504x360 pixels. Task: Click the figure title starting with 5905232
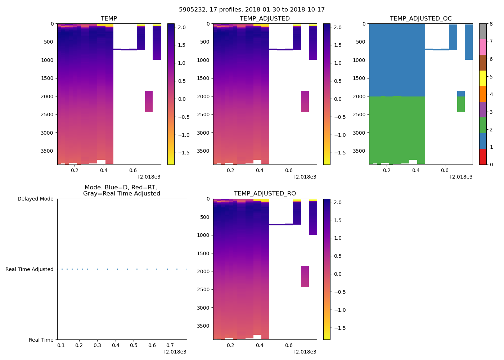pos(252,10)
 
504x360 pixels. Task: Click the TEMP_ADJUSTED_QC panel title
pos(420,19)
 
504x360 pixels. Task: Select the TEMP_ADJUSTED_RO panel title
pos(265,194)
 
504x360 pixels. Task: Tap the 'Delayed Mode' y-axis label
pos(35,199)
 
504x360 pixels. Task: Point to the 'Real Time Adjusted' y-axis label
pos(29,269)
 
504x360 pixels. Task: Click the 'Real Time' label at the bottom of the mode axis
pos(41,340)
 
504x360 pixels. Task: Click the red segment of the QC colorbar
pos(482,157)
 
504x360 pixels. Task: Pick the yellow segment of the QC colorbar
pos(482,78)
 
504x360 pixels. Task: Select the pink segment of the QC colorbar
pos(482,47)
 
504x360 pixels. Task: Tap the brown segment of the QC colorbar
pos(482,63)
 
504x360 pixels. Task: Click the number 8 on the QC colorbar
pos(491,24)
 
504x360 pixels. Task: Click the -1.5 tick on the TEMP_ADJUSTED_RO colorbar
pos(338,328)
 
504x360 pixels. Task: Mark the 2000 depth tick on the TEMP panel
pos(48,96)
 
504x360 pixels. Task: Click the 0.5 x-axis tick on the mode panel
pos(134,346)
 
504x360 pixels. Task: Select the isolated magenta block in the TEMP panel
pos(149,102)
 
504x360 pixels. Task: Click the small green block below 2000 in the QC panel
pos(461,104)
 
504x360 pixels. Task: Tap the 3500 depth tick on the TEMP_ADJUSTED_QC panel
pos(360,151)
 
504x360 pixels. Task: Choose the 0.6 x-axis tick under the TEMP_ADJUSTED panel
pos(289,170)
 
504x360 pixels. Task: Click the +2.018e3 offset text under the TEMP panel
pos(148,177)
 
